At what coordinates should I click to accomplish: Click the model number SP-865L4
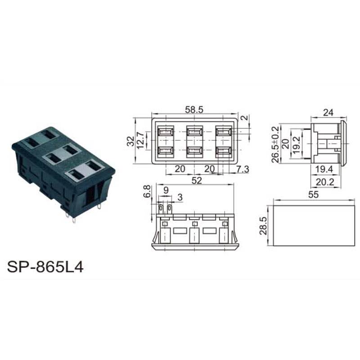coord(45,267)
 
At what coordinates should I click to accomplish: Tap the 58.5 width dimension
coord(194,110)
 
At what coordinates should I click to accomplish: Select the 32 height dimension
coord(131,141)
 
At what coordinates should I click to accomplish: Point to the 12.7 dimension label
coord(140,140)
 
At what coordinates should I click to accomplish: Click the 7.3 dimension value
coord(243,169)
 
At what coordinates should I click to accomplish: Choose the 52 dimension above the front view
coord(197,181)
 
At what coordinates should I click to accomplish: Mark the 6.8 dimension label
coord(147,191)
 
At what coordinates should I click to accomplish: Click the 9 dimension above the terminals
coord(166,190)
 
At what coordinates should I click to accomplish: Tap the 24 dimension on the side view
coord(328,113)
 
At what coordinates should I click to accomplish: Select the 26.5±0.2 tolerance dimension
coord(275,144)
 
